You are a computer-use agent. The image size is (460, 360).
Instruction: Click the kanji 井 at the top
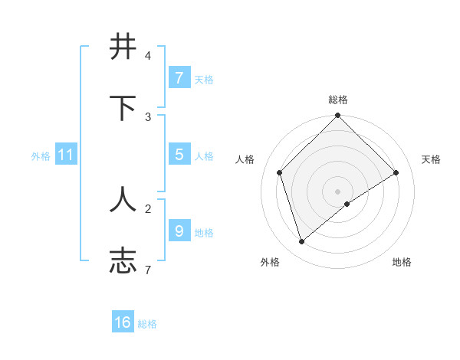pos(123,47)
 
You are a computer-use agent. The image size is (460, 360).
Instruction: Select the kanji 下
pos(123,108)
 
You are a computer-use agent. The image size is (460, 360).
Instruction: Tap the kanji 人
pos(123,200)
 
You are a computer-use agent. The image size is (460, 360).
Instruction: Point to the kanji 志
pos(123,260)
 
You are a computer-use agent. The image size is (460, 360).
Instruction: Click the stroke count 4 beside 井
pos(148,56)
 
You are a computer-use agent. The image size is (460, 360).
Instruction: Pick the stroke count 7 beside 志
pos(148,270)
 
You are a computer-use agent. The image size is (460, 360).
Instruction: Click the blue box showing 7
pos(179,78)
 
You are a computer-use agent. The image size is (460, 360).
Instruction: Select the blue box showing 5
pos(179,155)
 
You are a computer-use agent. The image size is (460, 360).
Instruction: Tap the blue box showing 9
pos(179,231)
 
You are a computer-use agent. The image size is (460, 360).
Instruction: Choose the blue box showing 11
pos(65,155)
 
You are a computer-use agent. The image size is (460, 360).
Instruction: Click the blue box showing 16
pos(123,322)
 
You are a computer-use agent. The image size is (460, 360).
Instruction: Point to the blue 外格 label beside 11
pos(41,156)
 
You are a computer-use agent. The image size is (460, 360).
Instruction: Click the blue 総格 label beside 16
pos(147,324)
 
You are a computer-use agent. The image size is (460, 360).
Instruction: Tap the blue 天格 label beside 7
pos(204,80)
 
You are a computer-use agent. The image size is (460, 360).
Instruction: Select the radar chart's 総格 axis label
pos(338,100)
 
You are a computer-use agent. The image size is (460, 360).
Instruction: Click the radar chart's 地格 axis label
pos(402,262)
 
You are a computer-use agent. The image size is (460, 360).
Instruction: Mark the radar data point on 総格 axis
pos(338,116)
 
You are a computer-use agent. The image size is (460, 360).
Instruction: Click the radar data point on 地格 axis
pos(347,204)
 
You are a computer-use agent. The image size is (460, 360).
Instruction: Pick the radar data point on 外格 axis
pos(302,242)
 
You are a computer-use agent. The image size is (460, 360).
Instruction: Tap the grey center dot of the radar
pos(338,191)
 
